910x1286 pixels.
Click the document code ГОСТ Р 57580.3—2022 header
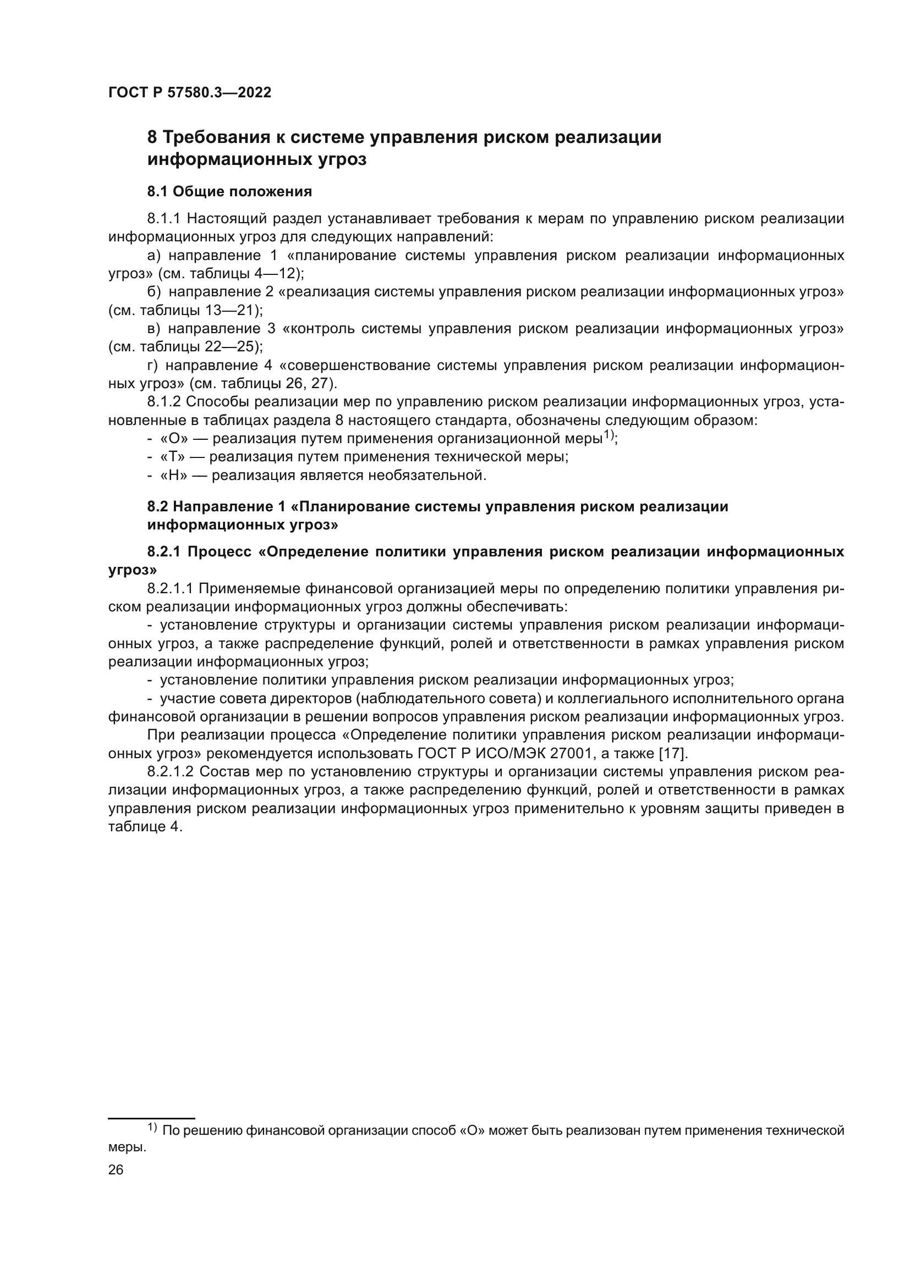pos(189,93)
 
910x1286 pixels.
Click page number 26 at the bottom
pos(116,1169)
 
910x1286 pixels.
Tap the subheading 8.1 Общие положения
pos(229,191)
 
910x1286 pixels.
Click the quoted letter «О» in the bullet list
pos(173,439)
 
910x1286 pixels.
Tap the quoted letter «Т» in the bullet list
pos(172,457)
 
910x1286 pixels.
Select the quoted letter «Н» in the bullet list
pos(173,476)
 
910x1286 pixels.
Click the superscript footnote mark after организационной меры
pos(609,435)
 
